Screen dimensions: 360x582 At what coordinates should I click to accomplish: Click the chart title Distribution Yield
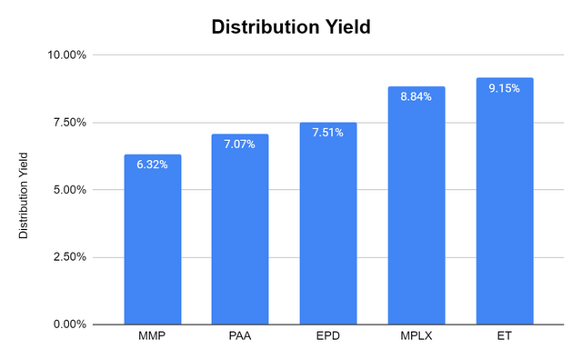coord(291,26)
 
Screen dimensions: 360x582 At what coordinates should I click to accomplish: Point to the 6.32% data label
coord(153,165)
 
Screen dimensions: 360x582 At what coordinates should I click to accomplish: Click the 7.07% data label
coord(240,145)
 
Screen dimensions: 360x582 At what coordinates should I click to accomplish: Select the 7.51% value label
coord(328,133)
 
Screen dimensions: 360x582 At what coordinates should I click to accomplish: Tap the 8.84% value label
coord(416,97)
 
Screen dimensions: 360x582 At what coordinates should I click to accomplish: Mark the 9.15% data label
coord(504,88)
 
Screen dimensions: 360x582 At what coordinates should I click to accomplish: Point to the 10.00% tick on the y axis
coord(67,55)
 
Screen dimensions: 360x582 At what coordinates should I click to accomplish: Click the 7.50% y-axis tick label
coord(70,123)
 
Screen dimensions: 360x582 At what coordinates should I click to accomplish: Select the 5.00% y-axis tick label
coord(70,190)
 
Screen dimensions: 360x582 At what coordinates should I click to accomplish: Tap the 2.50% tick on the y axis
coord(70,257)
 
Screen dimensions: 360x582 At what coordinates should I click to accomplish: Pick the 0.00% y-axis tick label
coord(70,325)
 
